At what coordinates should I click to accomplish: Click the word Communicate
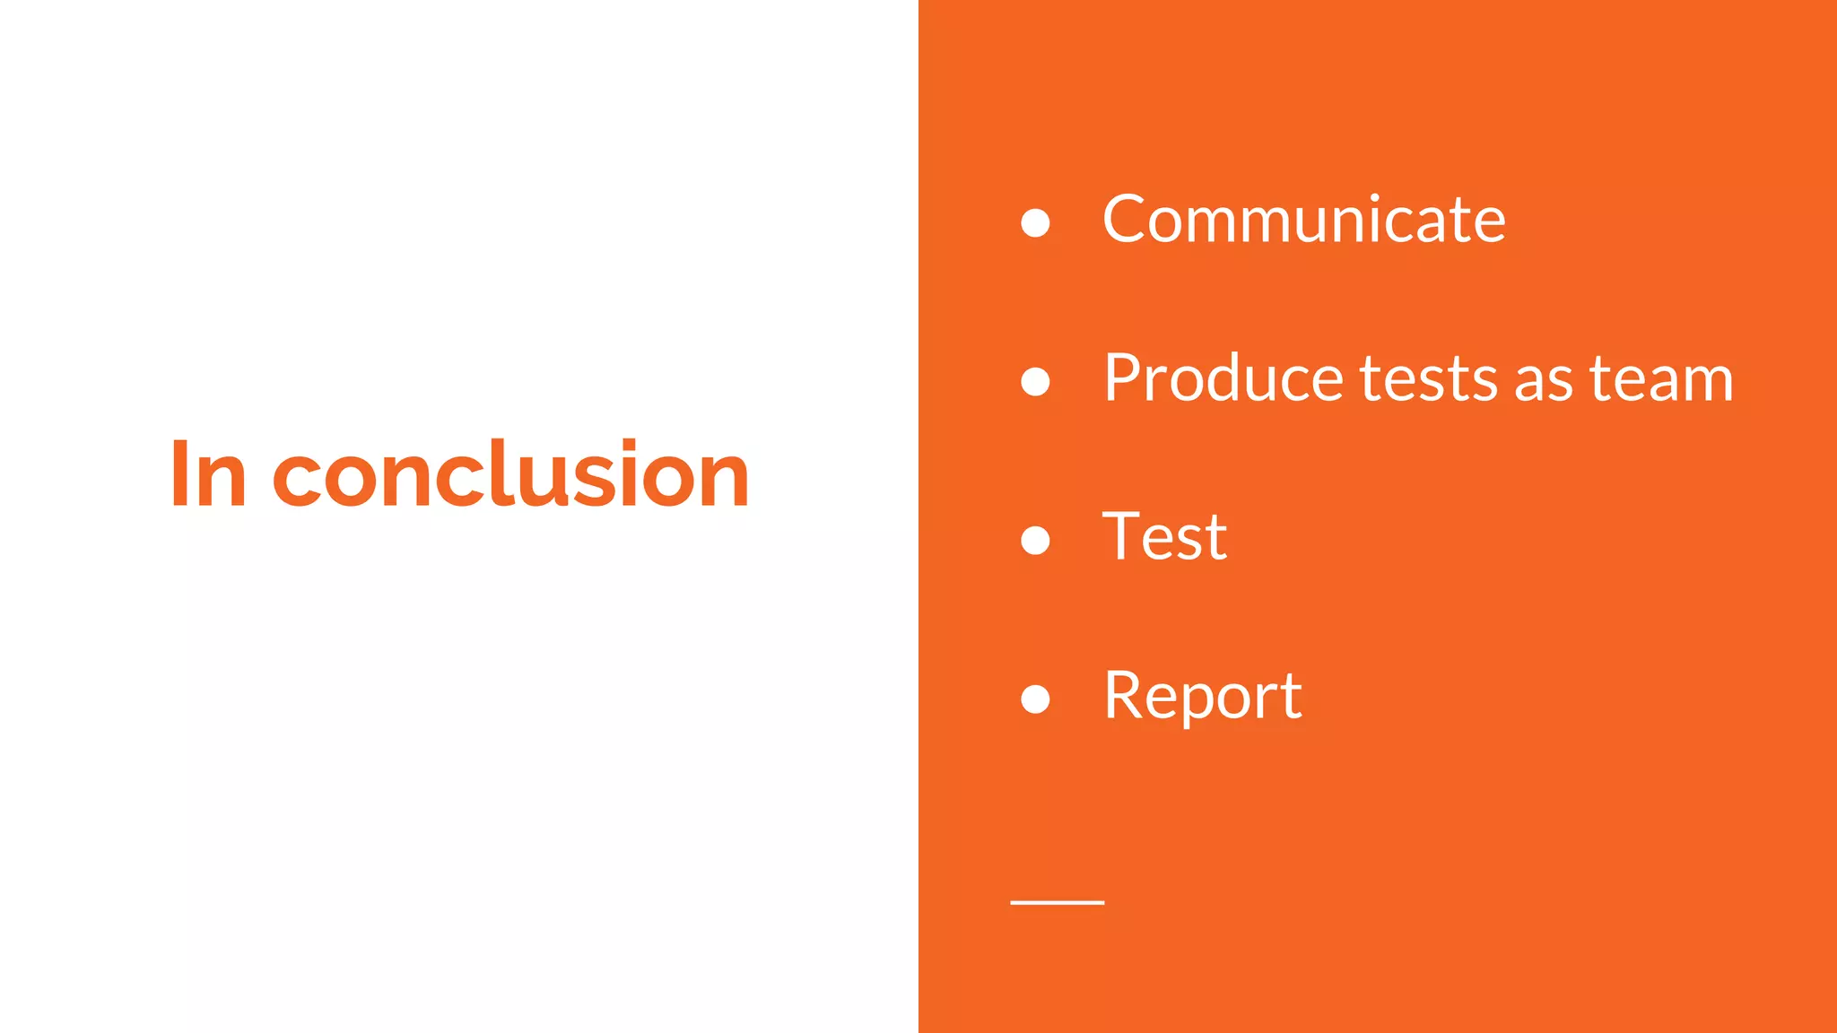tap(1303, 220)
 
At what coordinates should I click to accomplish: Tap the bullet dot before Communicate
tap(1035, 222)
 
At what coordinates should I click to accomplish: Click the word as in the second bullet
tap(1544, 384)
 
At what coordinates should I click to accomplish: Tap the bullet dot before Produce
tap(1035, 381)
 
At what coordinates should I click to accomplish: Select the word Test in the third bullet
tap(1164, 537)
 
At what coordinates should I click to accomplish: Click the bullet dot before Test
tap(1035, 540)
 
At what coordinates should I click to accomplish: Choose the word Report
tap(1202, 696)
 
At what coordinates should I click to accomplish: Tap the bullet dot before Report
tap(1035, 699)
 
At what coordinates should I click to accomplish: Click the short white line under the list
tap(1057, 902)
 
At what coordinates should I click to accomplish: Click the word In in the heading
tap(208, 475)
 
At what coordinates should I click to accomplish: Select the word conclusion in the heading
tap(510, 475)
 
